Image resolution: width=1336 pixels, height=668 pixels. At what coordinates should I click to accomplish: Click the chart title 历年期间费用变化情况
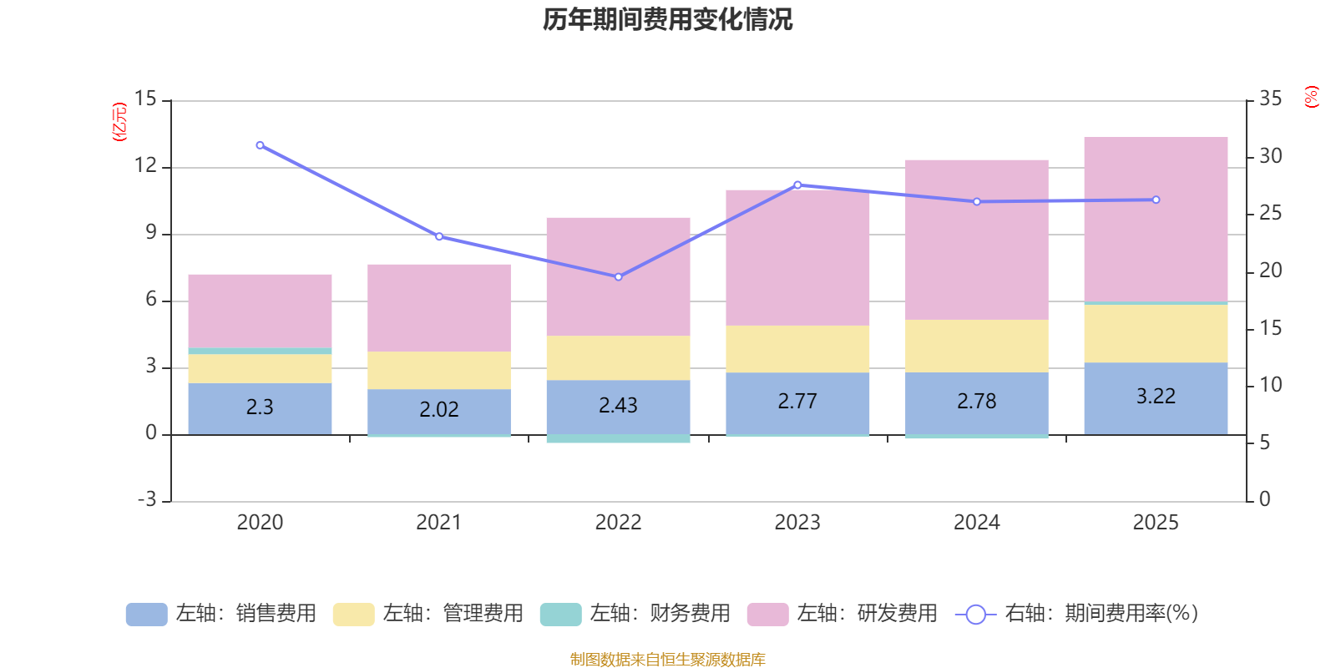[667, 19]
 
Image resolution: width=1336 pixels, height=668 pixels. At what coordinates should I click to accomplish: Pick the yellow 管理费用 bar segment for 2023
[797, 349]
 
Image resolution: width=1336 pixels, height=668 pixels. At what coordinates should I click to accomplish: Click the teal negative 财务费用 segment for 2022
[618, 439]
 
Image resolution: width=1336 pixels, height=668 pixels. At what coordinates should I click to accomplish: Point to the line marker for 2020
[260, 145]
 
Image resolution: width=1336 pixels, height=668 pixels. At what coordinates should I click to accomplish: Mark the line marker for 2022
[618, 277]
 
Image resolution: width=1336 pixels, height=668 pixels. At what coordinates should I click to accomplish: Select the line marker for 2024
[977, 201]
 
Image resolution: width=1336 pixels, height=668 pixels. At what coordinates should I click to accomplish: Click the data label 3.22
[1156, 397]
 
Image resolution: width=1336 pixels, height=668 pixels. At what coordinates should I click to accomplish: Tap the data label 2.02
[439, 410]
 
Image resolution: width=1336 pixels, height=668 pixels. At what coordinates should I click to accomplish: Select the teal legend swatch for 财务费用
[560, 615]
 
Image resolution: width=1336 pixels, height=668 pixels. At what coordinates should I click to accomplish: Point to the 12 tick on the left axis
[145, 165]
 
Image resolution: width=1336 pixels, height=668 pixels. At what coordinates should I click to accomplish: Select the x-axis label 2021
[439, 523]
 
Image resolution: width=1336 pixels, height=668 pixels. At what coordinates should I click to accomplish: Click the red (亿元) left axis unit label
[119, 122]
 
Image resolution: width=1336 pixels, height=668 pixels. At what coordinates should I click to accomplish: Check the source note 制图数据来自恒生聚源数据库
[667, 660]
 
